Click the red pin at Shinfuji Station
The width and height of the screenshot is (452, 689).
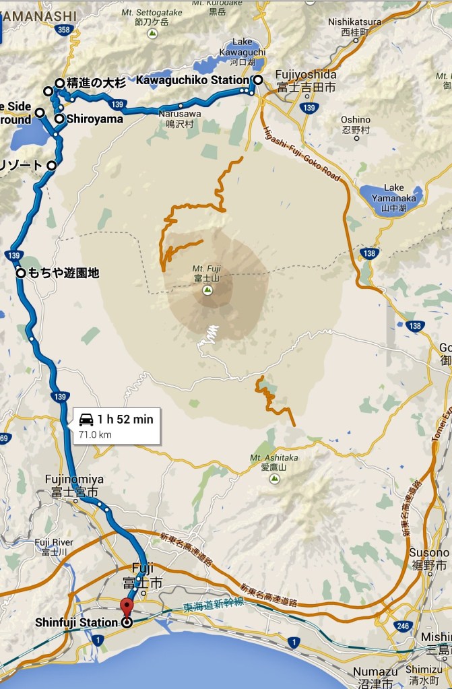point(126,605)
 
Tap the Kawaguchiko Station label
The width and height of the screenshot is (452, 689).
point(193,80)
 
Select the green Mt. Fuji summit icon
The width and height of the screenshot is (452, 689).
point(207,290)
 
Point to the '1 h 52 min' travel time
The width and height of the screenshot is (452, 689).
point(125,419)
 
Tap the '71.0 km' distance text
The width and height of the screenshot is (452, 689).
point(95,434)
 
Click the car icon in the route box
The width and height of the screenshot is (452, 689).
point(86,420)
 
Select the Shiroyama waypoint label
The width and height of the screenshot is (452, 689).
point(94,119)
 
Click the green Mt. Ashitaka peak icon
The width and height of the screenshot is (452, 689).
point(274,478)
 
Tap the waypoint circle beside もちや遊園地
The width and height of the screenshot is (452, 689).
point(21,273)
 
